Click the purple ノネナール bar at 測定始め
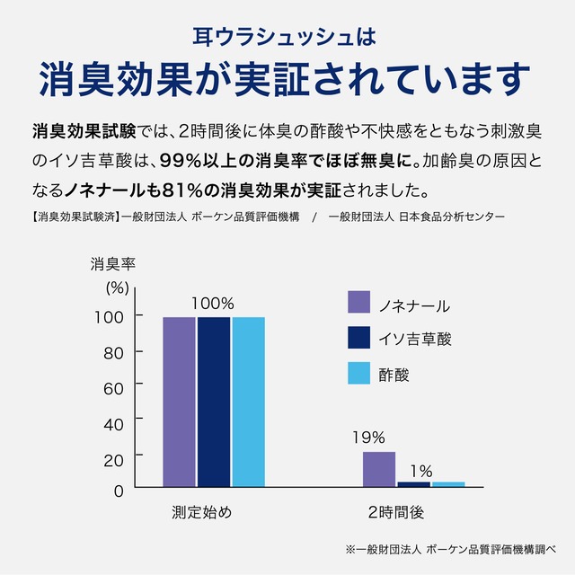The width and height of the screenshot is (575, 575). (179, 401)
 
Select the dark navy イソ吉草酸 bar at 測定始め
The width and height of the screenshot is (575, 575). (214, 401)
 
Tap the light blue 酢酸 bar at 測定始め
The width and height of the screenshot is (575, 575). (249, 401)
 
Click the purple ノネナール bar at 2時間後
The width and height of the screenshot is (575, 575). (379, 469)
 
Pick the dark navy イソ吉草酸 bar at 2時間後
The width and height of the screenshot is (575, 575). (413, 484)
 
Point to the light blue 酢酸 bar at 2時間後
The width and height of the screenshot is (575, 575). (448, 484)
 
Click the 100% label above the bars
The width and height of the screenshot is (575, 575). (213, 303)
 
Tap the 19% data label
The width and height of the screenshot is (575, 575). (368, 438)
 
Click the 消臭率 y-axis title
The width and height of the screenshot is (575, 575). (112, 264)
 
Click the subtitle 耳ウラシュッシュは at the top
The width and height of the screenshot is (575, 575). (287, 37)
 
